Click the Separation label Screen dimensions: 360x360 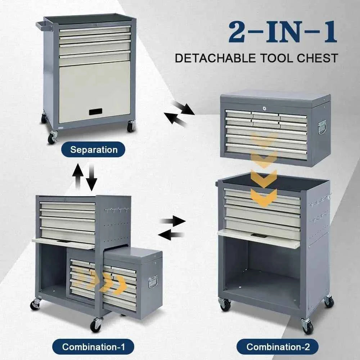[94, 149]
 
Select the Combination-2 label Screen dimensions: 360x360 [278, 347]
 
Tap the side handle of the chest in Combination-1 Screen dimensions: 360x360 [153, 282]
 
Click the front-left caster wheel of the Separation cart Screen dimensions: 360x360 [52, 138]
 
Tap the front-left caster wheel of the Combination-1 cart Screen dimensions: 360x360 [35, 305]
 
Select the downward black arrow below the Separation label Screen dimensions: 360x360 [91, 176]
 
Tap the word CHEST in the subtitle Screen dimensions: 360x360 [319, 58]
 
